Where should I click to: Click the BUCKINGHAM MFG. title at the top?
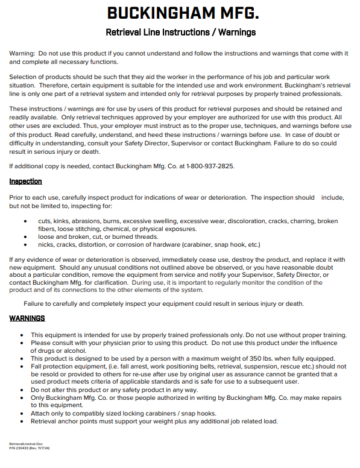(x=180, y=13)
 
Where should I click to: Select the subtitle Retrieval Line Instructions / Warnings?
(x=180, y=32)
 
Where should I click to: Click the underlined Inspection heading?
(x=25, y=182)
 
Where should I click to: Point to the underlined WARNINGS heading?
(x=27, y=318)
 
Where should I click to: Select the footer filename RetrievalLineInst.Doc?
(x=26, y=443)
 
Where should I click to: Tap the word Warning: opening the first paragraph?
(x=22, y=54)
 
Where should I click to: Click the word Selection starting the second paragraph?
(x=24, y=78)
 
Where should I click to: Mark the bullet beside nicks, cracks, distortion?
(x=25, y=245)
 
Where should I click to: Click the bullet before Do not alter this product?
(x=22, y=390)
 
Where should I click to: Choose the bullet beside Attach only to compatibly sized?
(x=22, y=413)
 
